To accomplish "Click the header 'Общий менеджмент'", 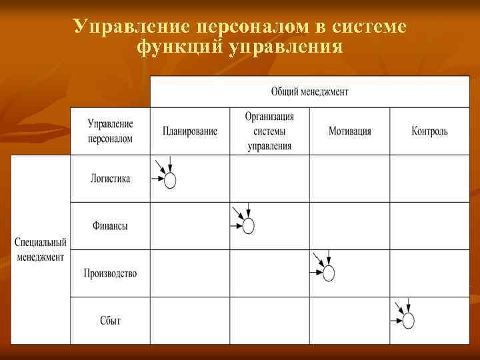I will pos(309,91).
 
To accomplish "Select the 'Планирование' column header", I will pos(189,131).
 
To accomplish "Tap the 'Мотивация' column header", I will pos(349,131).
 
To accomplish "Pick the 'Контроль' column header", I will pos(429,131).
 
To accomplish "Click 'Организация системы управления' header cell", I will pos(269,131).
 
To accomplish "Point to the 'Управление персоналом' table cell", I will pos(110,131).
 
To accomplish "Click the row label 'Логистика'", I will pos(110,179).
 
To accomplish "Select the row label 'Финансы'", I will pos(110,226).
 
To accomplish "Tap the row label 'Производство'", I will pos(110,273).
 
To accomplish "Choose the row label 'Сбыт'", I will pos(110,321).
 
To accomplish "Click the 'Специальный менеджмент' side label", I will pos(41,249).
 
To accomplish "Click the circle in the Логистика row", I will pos(170,180).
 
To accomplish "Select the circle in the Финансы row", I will pos(248,226).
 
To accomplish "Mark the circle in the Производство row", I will pos(328,273).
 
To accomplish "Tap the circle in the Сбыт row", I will pos(408,321).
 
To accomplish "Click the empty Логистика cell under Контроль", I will pos(429,179).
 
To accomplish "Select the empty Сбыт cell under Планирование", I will pos(189,321).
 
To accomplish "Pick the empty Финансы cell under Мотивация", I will pos(349,226).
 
